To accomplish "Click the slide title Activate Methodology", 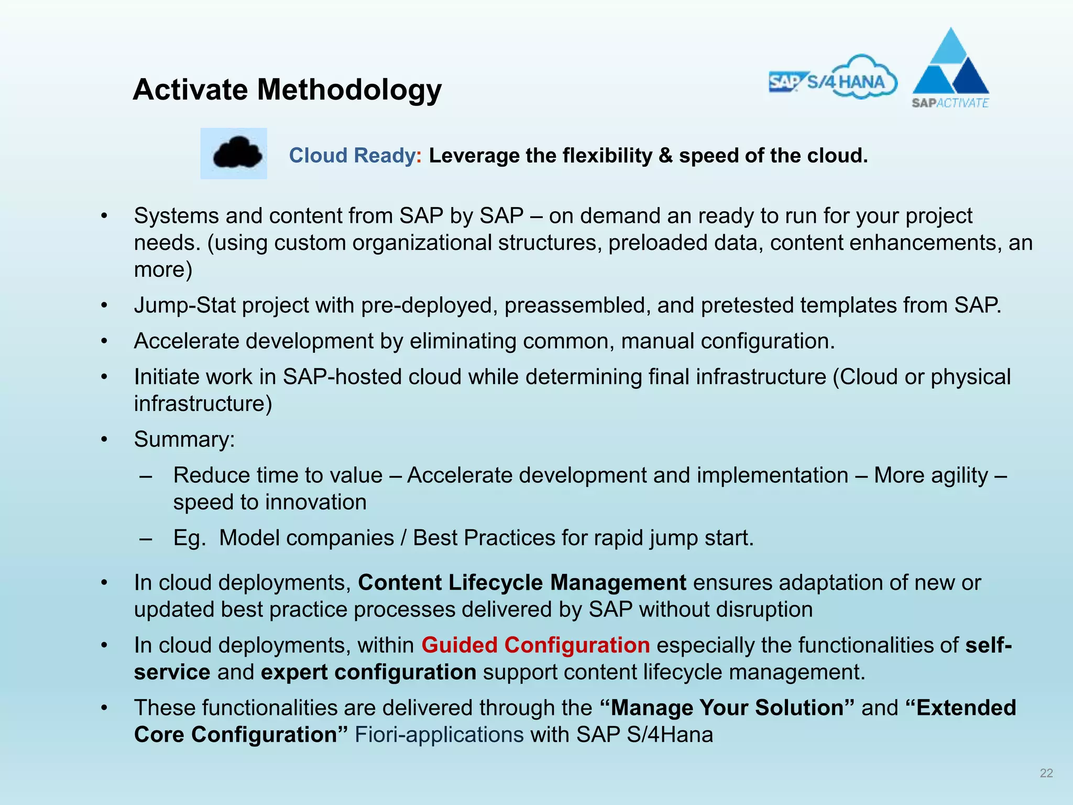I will pos(287,90).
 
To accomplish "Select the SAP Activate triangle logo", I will pos(950,68).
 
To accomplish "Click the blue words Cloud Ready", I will pos(352,156).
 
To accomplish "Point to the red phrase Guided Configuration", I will pos(535,645).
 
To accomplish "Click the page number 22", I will pos(1046,773).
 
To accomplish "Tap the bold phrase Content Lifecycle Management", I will pos(522,583).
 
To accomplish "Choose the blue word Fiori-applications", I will pos(439,735).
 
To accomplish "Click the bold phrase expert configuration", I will pos(368,672).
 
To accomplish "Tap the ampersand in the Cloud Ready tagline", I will pos(665,156).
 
